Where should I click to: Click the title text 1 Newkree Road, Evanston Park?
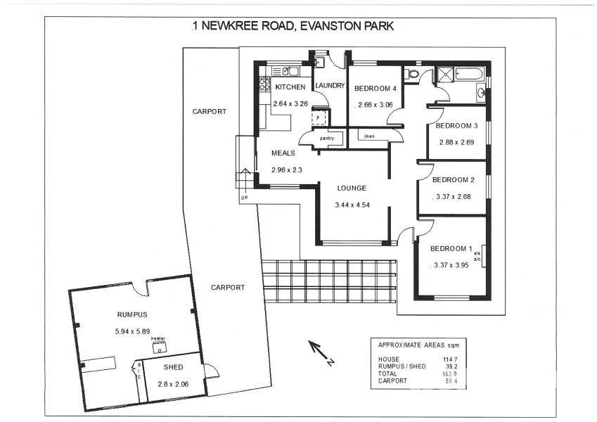[293, 26]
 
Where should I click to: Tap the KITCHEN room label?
[290, 87]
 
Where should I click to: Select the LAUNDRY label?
[330, 86]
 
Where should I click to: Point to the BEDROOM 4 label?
[375, 89]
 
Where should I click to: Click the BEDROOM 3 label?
[456, 126]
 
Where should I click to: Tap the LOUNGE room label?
[352, 188]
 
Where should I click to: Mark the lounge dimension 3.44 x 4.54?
[353, 205]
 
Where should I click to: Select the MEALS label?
[283, 153]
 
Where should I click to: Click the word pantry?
[326, 139]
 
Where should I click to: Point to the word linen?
[370, 136]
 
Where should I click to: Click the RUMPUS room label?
[132, 314]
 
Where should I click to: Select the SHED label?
[173, 367]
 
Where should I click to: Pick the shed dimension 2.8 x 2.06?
[174, 385]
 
